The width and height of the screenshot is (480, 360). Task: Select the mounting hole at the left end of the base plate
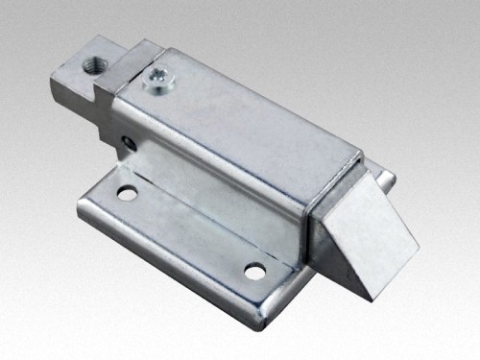tap(127, 194)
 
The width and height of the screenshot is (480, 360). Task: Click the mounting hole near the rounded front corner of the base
tap(254, 271)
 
